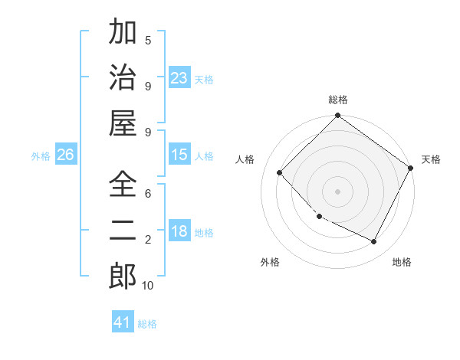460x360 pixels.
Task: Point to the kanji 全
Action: point(123,185)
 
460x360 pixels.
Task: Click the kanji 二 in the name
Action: point(123,231)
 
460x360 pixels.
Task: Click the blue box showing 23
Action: point(179,77)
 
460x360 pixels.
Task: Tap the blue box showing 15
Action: point(179,155)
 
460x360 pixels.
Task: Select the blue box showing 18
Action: point(179,231)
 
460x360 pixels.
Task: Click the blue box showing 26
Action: point(65,155)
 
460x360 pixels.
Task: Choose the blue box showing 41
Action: point(123,322)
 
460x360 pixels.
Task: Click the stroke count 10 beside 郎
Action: point(148,286)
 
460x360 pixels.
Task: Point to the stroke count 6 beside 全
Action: point(148,195)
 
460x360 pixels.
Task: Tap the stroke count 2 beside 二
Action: point(148,240)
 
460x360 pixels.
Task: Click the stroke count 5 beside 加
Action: point(148,41)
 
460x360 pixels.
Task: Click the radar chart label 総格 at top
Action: point(337,100)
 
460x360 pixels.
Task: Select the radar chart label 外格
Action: point(270,262)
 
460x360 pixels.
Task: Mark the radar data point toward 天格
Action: point(410,168)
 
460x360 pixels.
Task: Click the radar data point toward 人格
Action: point(280,173)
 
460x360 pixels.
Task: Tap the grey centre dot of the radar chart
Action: point(337,191)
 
